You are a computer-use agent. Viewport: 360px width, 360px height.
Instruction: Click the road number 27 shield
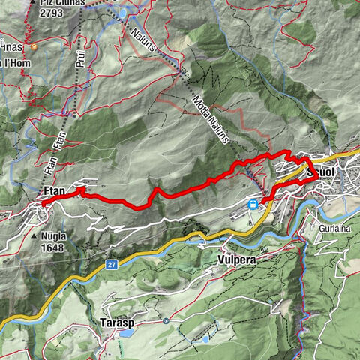(111, 264)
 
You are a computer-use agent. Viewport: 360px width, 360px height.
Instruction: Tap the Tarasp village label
(117, 322)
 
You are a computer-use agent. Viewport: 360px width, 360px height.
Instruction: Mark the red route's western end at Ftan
(43, 204)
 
